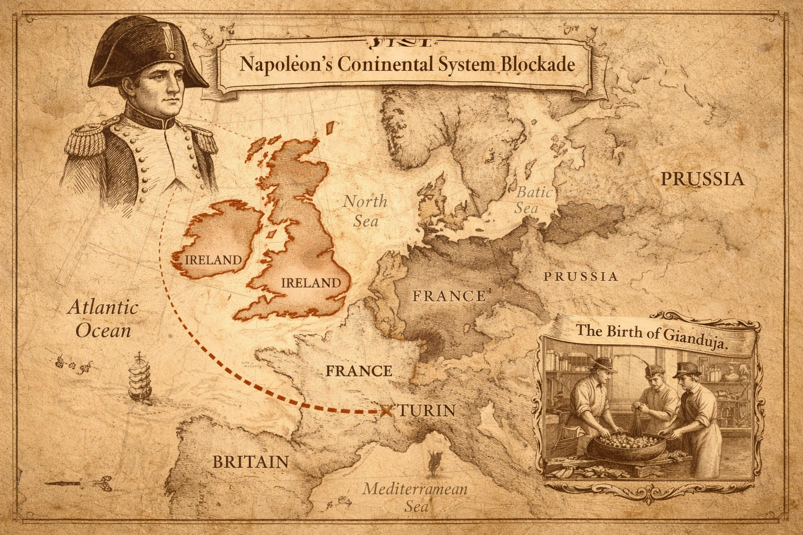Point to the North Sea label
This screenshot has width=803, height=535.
point(365,211)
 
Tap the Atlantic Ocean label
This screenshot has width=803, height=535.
point(103,318)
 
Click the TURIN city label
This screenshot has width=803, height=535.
point(426,411)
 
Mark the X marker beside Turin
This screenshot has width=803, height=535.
point(386,411)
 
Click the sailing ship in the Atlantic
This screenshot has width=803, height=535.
point(140,377)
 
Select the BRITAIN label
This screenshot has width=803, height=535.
point(250,462)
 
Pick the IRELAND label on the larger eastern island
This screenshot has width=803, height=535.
point(311,283)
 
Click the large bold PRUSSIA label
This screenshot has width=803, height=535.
point(702,179)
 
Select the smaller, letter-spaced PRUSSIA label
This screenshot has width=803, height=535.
point(580,276)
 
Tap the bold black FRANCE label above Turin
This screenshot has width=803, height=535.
point(358,371)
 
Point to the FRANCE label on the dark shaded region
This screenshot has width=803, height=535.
point(449,296)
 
